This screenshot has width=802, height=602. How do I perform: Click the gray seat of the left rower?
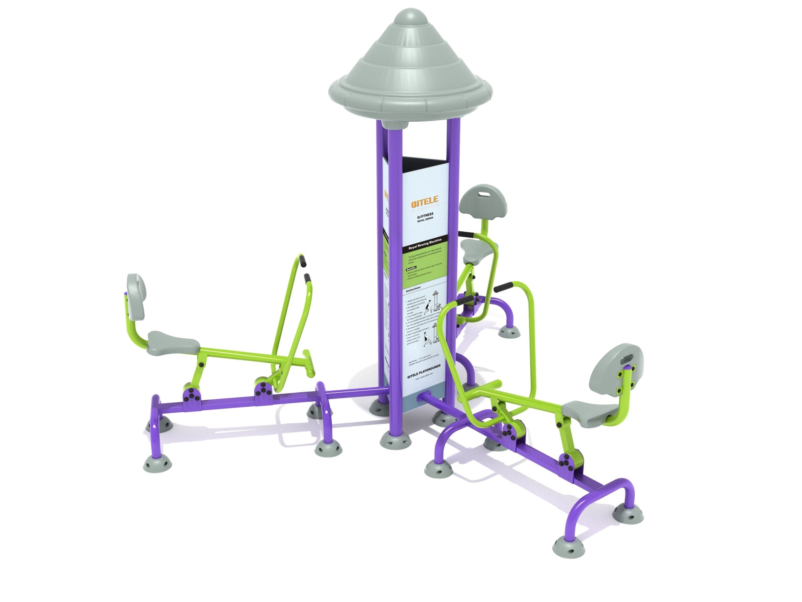(174, 340)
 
